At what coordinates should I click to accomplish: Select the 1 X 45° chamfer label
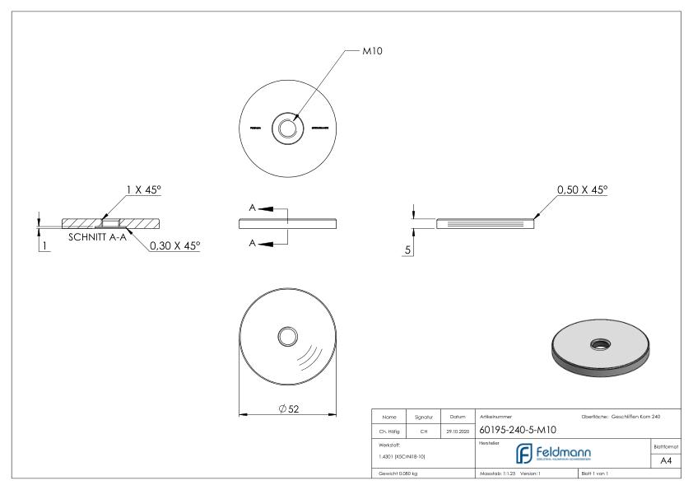143,189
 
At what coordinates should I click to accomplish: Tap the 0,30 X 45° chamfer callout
174,245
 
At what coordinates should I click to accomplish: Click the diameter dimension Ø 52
287,410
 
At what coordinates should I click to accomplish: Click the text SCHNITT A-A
97,236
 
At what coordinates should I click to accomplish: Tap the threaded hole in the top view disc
287,128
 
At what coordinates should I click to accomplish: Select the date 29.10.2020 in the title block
457,429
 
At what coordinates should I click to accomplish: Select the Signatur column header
422,418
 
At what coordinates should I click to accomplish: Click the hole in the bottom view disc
288,337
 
